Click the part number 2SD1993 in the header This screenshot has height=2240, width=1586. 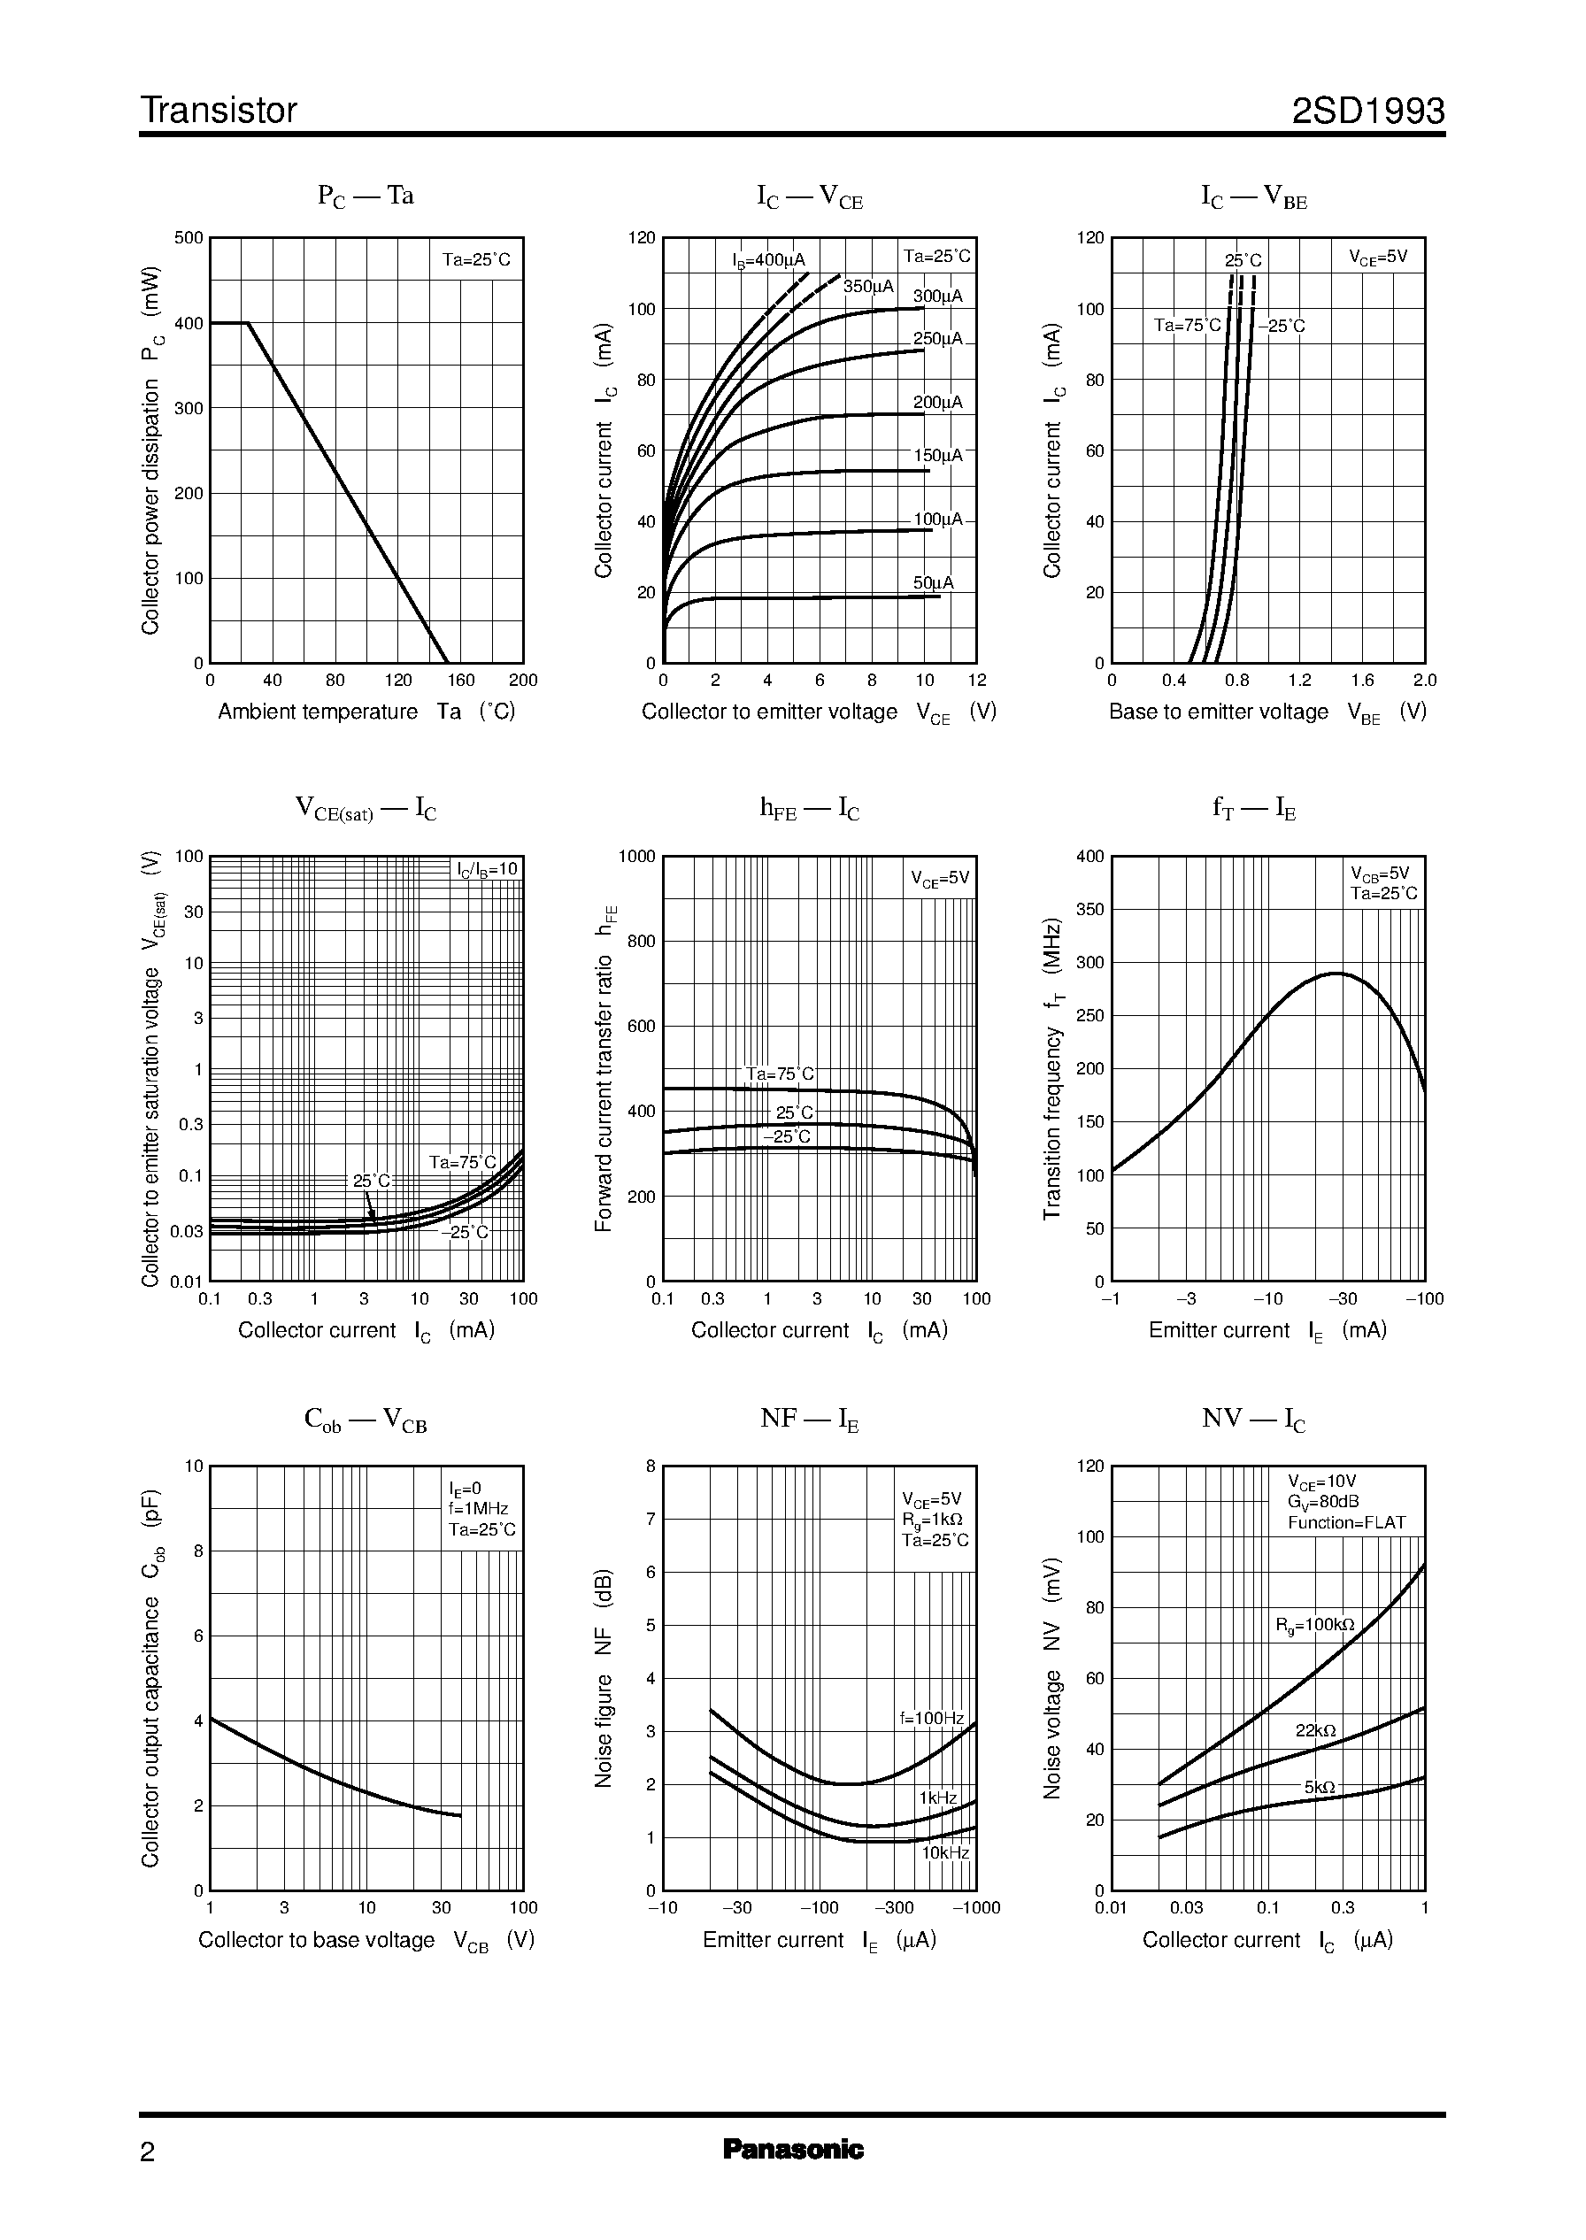click(1367, 112)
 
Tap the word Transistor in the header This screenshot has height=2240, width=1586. click(219, 112)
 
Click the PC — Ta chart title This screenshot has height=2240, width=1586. click(366, 196)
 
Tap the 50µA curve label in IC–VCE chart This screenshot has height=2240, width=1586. click(933, 583)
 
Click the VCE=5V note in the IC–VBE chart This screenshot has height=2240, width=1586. click(1378, 257)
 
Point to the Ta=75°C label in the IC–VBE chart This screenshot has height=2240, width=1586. click(1187, 325)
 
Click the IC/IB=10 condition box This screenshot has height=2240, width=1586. click(488, 869)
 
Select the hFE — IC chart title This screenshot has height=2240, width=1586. click(810, 809)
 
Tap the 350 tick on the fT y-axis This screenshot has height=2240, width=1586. click(1089, 909)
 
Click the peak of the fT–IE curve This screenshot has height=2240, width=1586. click(1335, 973)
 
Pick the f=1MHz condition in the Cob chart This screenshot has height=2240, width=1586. click(479, 1509)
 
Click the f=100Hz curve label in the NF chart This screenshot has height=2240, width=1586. click(931, 1719)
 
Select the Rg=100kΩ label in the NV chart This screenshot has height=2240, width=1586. click(1314, 1625)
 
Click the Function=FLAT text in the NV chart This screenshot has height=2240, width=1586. click(1346, 1522)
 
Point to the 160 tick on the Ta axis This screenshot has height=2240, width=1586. click(460, 681)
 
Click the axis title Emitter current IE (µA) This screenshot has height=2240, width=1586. click(819, 1940)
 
